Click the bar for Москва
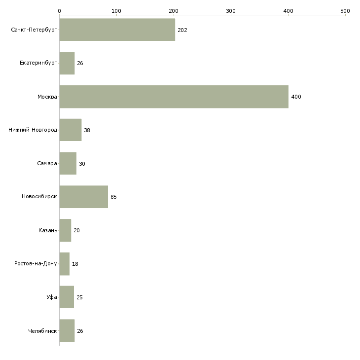point(174,97)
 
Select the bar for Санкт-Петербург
point(117,30)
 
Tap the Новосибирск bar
point(83,197)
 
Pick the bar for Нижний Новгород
point(70,130)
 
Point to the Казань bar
point(65,230)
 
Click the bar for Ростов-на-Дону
point(65,264)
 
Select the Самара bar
point(68,164)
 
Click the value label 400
point(296,97)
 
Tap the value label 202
point(182,30)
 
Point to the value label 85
point(114,197)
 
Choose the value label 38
point(87,130)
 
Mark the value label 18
point(75,264)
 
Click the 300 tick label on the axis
point(231,10)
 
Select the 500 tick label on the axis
point(345,10)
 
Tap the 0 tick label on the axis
point(59,10)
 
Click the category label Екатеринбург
point(38,64)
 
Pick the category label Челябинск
point(42,331)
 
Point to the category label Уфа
point(52,297)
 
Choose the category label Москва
point(47,97)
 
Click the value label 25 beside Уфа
point(79,297)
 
